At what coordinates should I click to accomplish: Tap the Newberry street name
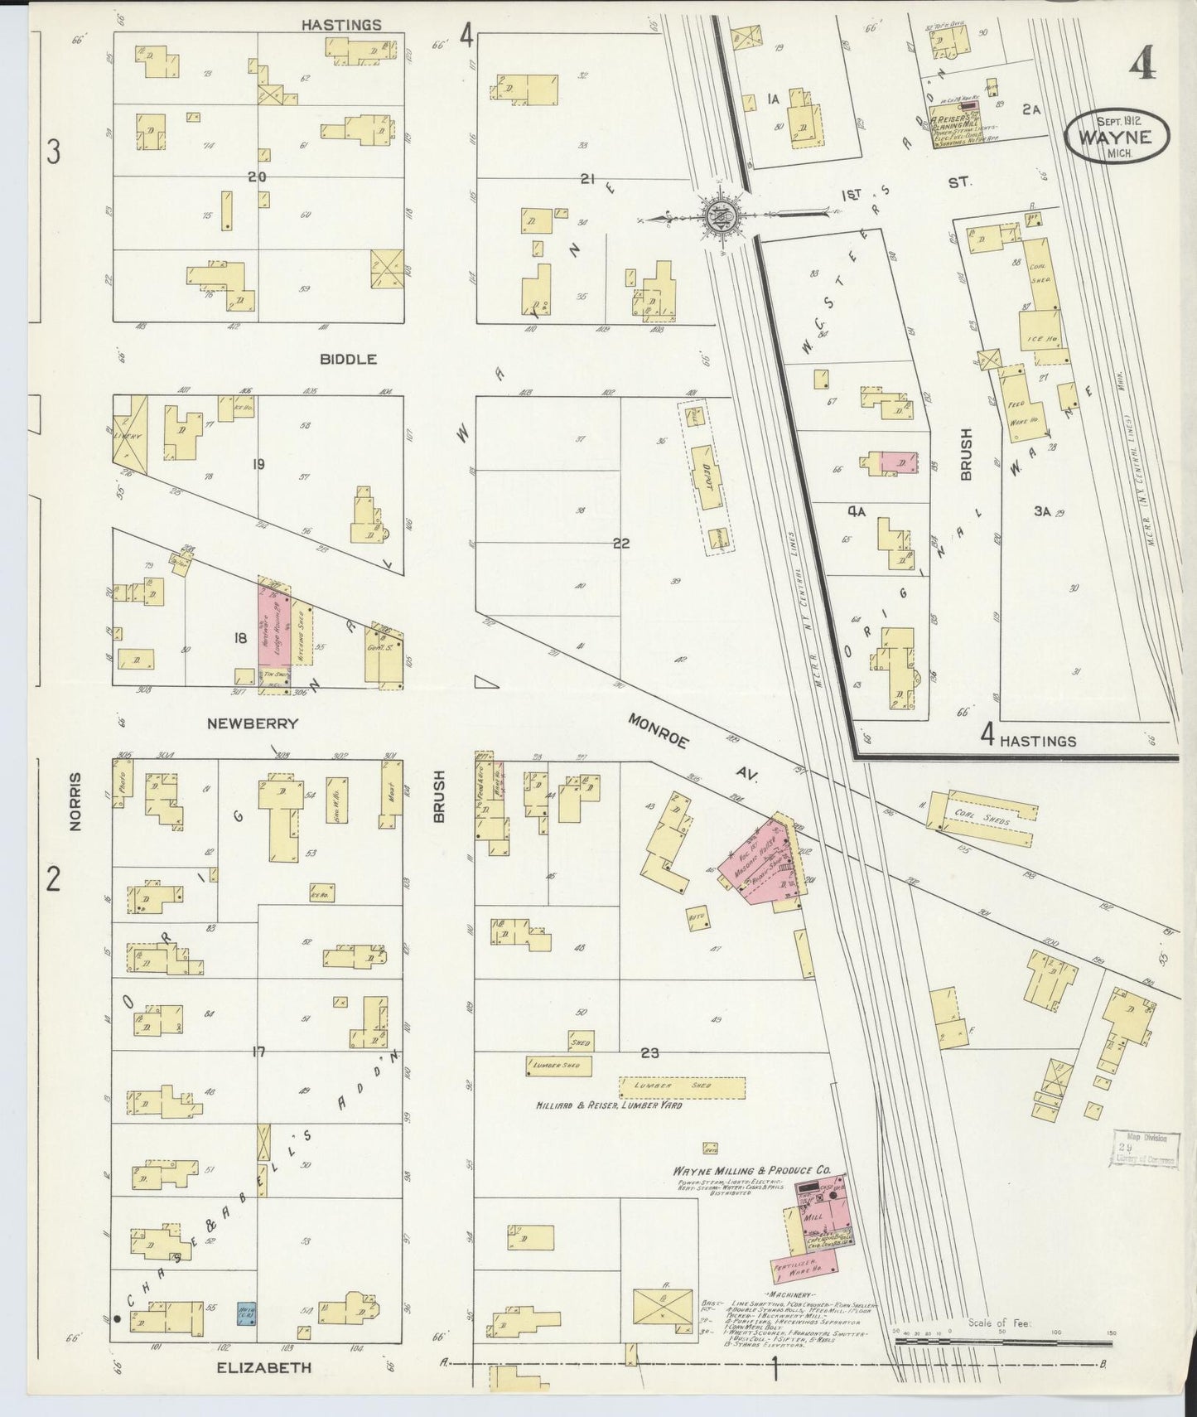[x=252, y=723]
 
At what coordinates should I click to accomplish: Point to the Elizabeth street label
[x=263, y=1366]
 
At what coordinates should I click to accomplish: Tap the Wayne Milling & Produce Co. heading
[x=753, y=1168]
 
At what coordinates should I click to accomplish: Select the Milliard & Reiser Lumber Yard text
[x=608, y=1105]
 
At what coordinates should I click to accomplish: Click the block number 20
[x=257, y=176]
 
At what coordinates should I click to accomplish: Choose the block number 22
[x=621, y=544]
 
